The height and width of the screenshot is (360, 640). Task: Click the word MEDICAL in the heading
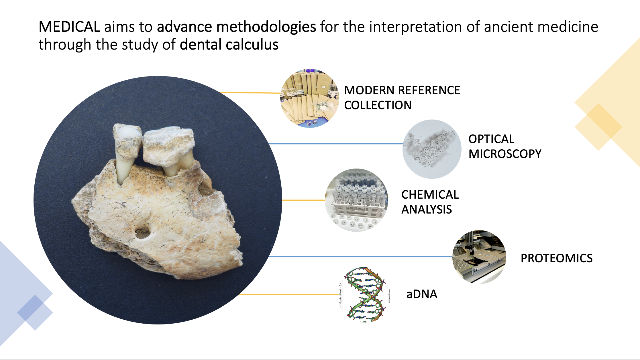pyautogui.click(x=69, y=27)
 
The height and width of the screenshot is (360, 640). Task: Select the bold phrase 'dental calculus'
pyautogui.click(x=229, y=45)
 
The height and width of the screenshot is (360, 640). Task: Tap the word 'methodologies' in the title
pyautogui.click(x=266, y=27)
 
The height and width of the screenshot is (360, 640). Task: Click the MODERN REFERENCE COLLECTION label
pyautogui.click(x=402, y=97)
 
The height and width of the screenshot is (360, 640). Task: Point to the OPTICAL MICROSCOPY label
pyautogui.click(x=504, y=146)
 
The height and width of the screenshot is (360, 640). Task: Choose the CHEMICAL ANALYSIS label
pyautogui.click(x=430, y=202)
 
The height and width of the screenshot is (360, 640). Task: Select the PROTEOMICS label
pyautogui.click(x=556, y=258)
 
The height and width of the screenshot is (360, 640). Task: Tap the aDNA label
pyautogui.click(x=422, y=294)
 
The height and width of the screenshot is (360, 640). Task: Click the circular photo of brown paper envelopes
pyautogui.click(x=309, y=98)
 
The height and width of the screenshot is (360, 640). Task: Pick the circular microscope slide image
pyautogui.click(x=432, y=149)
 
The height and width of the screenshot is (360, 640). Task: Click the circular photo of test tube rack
pyautogui.click(x=356, y=200)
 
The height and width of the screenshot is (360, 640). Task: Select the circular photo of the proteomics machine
pyautogui.click(x=479, y=257)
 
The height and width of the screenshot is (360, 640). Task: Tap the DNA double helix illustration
pyautogui.click(x=365, y=295)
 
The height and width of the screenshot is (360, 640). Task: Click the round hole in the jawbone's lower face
pyautogui.click(x=142, y=232)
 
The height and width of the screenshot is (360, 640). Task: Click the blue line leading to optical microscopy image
pyautogui.click(x=335, y=144)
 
